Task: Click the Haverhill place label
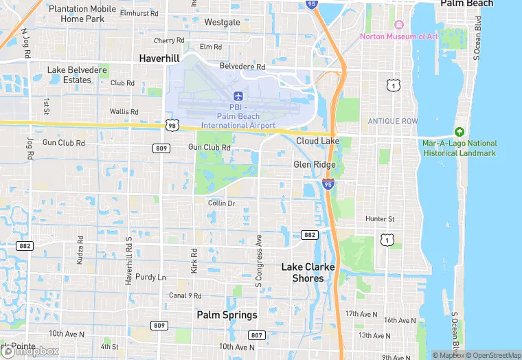tap(159, 59)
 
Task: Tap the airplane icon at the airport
tap(238, 95)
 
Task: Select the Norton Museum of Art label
tap(398, 36)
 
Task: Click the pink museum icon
tap(398, 24)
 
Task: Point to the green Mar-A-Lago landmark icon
tap(459, 132)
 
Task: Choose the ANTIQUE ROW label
tap(392, 121)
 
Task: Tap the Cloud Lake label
tap(317, 141)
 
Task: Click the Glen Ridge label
tap(315, 165)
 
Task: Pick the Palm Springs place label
tap(227, 315)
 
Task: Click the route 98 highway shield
tap(171, 125)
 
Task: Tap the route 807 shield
tap(256, 335)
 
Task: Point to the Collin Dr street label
tap(221, 203)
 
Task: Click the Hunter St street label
tap(380, 219)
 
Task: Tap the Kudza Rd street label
tap(81, 250)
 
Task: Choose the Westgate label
tap(222, 22)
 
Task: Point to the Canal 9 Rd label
tap(185, 296)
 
